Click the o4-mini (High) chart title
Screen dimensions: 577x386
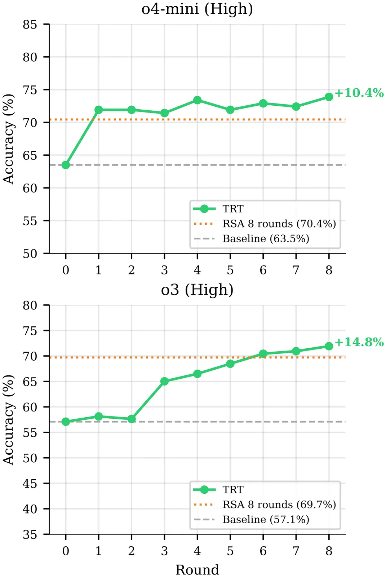[x=197, y=9]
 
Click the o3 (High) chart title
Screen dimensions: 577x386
[x=197, y=290]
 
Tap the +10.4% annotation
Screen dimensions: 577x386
[x=359, y=93]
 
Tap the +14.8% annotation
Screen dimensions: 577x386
[x=359, y=342]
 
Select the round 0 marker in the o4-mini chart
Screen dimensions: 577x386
[x=66, y=165]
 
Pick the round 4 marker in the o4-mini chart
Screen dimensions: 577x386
[x=197, y=100]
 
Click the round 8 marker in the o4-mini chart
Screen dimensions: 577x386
[x=329, y=97]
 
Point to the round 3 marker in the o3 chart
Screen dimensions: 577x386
[x=164, y=381]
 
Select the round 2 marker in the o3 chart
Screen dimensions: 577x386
[x=132, y=419]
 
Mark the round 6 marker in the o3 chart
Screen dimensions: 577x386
[x=263, y=354]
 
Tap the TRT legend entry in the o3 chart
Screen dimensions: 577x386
[x=233, y=490]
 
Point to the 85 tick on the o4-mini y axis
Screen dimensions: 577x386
[x=30, y=25]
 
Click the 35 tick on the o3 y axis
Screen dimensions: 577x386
[x=30, y=534]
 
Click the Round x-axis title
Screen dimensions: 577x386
[x=197, y=570]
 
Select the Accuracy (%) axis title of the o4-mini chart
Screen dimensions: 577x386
[x=9, y=139]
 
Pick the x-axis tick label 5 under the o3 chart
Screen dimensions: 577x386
[x=230, y=551]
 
